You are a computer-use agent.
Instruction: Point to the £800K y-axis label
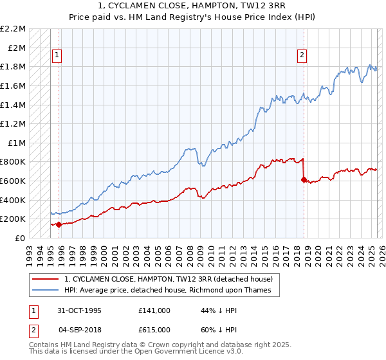click(x=14, y=162)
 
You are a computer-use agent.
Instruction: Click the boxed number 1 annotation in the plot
click(x=57, y=56)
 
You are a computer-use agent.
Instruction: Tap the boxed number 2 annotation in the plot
click(x=302, y=56)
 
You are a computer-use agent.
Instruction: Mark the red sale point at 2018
click(x=303, y=179)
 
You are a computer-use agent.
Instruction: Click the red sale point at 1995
click(x=59, y=224)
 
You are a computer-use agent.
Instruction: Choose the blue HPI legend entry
click(x=167, y=291)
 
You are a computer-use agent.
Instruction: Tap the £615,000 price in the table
click(x=154, y=330)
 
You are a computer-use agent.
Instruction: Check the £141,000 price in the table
click(x=154, y=310)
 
